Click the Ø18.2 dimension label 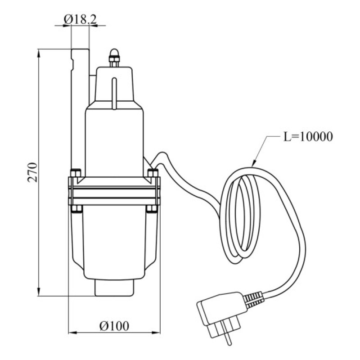[80, 20]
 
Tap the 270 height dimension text [32, 172]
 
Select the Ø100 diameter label [114, 326]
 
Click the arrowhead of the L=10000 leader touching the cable [253, 163]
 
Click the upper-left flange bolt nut [76, 173]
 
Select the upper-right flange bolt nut [153, 173]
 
